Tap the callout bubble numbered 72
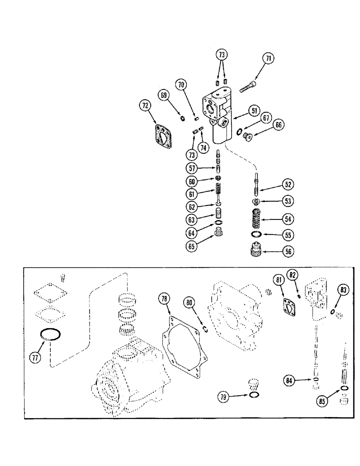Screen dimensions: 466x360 pyautogui.click(x=145, y=107)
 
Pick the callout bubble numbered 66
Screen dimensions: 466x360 pyautogui.click(x=278, y=124)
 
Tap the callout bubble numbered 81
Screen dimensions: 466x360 pyautogui.click(x=278, y=280)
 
